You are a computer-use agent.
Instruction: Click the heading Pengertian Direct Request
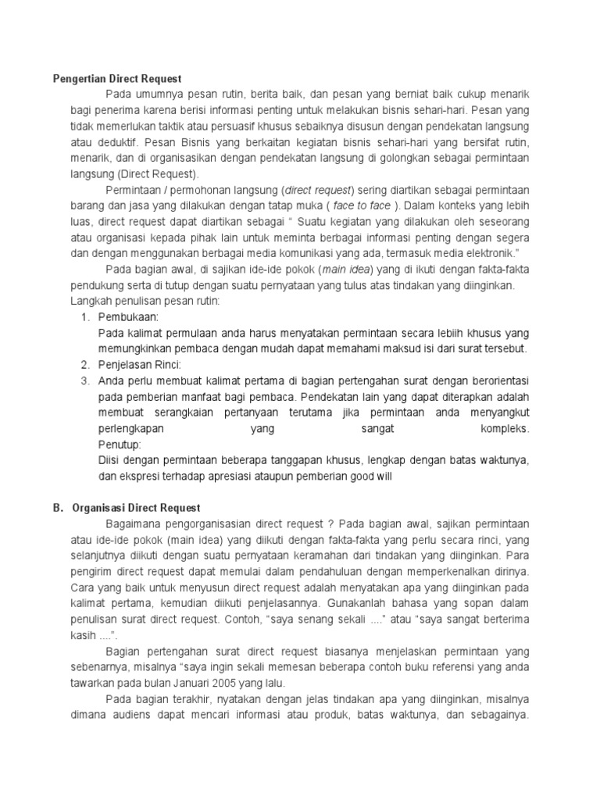(x=116, y=78)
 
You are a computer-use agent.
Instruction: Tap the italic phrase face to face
(x=362, y=205)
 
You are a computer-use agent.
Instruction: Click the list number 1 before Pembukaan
(x=85, y=317)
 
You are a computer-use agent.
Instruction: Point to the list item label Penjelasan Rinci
(x=139, y=365)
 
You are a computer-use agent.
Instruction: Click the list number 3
(x=85, y=380)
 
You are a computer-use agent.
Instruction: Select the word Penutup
(x=120, y=444)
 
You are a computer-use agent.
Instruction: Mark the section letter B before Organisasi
(x=57, y=507)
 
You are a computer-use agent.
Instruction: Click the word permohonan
(x=205, y=190)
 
